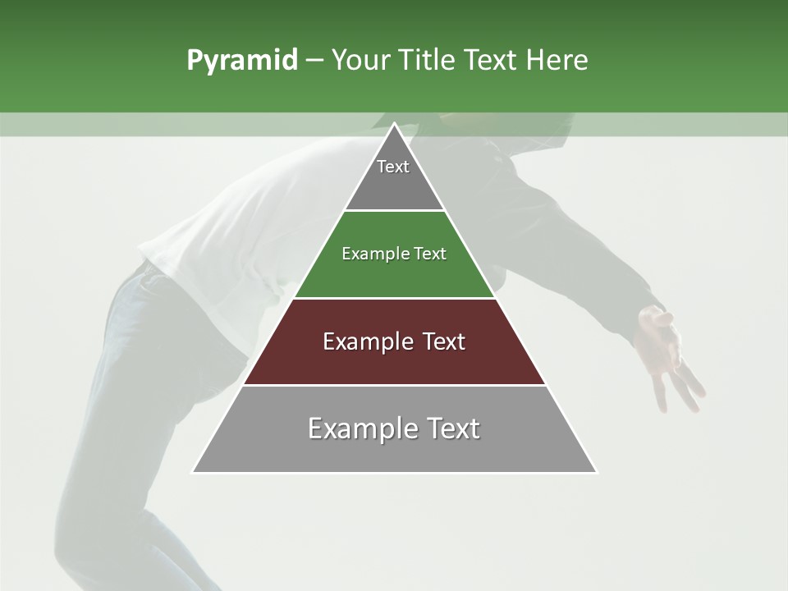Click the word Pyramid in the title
pos(241,61)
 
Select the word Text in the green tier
pos(430,254)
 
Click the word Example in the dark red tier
pos(360,341)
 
